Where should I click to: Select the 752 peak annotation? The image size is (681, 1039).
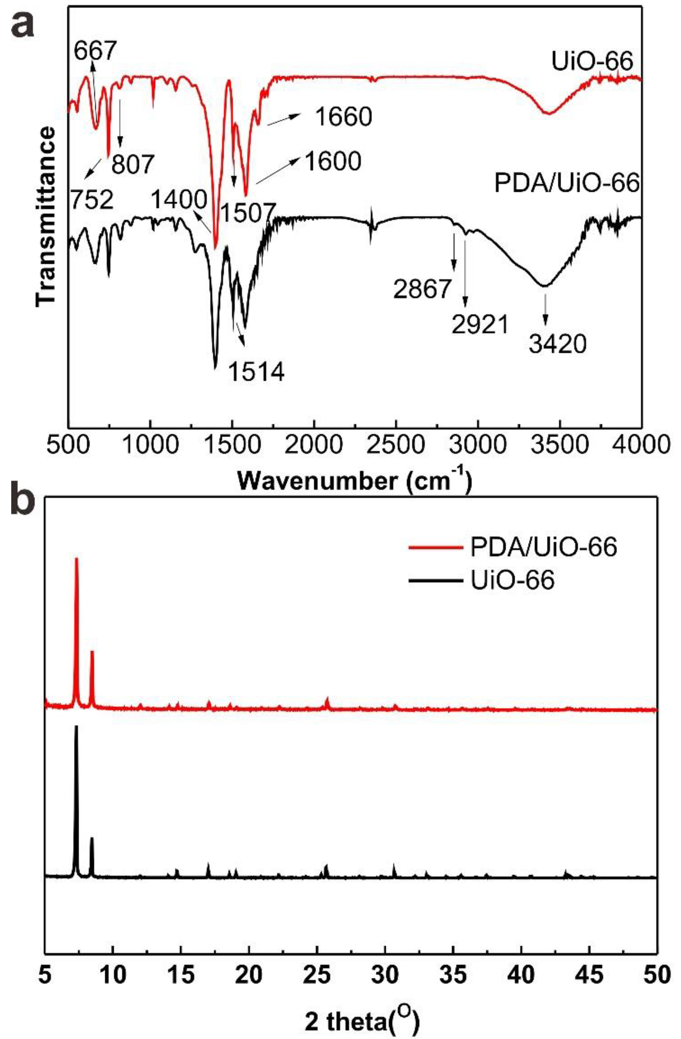[x=92, y=200]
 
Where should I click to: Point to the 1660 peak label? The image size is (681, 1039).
[x=343, y=117]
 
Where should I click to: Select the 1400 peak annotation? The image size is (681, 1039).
[x=179, y=200]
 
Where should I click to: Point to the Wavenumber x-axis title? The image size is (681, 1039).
[x=355, y=481]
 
